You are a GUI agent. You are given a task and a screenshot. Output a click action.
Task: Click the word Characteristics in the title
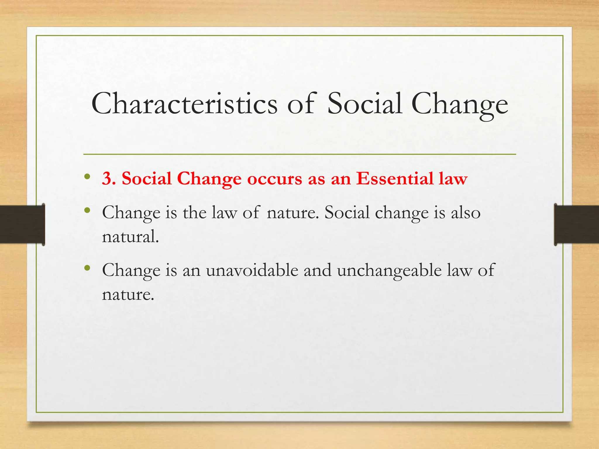click(x=184, y=104)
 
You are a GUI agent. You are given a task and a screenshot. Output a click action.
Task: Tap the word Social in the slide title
click(x=364, y=104)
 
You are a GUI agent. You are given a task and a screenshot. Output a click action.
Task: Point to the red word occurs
click(x=274, y=179)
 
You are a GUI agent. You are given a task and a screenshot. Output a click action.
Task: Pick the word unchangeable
click(x=389, y=270)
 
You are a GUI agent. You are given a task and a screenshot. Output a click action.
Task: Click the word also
click(x=466, y=213)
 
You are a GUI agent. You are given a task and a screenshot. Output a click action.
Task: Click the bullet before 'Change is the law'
click(x=87, y=210)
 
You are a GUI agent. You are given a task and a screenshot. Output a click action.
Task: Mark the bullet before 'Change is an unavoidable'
click(x=87, y=268)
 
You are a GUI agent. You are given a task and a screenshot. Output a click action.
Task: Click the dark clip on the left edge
click(x=22, y=224)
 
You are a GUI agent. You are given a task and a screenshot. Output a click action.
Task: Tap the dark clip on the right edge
click(x=576, y=224)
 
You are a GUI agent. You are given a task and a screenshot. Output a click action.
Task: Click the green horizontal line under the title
click(x=299, y=154)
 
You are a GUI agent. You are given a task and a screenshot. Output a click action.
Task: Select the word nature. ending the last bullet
click(x=128, y=294)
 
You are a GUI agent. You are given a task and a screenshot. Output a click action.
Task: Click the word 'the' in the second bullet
click(x=194, y=213)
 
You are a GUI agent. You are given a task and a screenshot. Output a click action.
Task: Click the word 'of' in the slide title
click(x=301, y=104)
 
